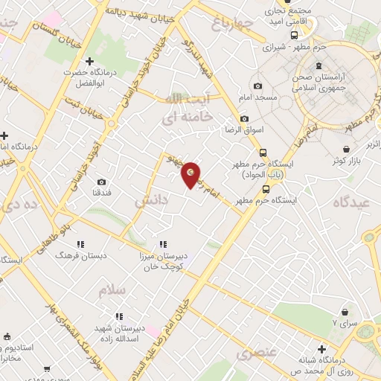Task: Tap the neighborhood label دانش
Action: pos(152,201)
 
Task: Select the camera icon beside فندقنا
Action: pos(101,182)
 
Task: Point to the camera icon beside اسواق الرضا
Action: pos(244,119)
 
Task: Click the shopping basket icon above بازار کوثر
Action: pos(347,149)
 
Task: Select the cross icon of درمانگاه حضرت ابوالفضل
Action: pos(89,61)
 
